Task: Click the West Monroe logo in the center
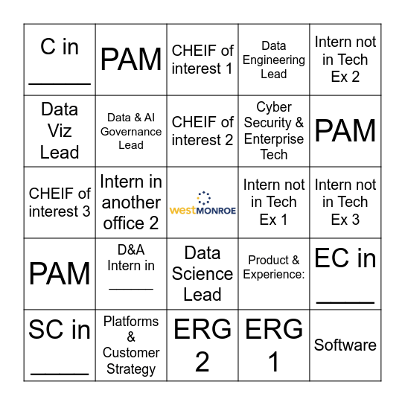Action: pos(202,203)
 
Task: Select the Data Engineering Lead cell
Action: pos(274,60)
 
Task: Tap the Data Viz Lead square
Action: pos(60,131)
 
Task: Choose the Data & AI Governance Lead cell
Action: pos(131,131)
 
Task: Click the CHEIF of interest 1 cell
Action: pos(202,60)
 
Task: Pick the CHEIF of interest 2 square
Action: pos(202,131)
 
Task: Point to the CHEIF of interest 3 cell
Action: pos(60,202)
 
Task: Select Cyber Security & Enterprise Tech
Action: pos(274,131)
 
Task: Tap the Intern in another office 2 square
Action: pos(131,202)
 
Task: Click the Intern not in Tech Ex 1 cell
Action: pos(274,202)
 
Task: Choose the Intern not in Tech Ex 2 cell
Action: pos(345,60)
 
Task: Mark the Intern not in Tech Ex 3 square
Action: pos(345,202)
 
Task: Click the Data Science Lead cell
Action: pos(202,274)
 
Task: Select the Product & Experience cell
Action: pos(274,274)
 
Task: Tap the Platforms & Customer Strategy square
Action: pos(131,345)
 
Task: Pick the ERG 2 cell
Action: pos(202,345)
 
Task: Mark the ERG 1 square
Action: pos(274,345)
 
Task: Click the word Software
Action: pos(345,345)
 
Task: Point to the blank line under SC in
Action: pos(60,374)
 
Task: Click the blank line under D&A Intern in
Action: pos(131,289)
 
